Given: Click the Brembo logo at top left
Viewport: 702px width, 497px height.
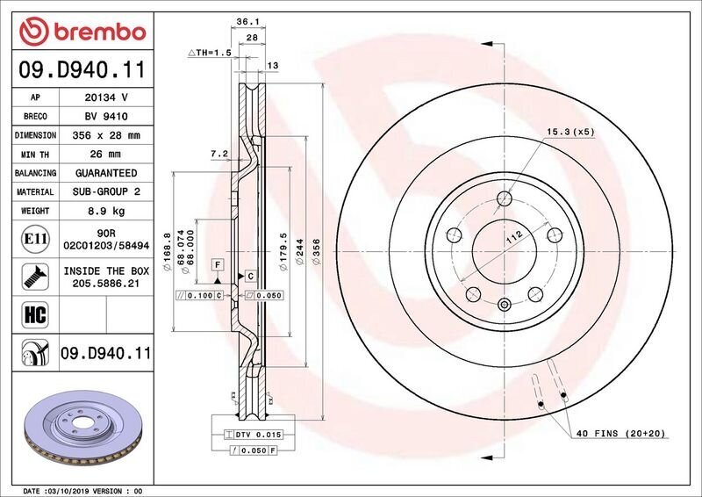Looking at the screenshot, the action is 82,32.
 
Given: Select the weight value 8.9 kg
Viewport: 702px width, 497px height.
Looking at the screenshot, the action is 106,211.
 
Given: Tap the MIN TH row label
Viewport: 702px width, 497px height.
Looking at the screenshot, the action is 35,155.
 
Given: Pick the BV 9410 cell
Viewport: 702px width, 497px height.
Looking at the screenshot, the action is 106,117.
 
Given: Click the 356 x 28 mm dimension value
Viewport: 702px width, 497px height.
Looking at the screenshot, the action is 106,135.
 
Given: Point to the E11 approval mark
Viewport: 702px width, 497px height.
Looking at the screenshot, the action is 35,239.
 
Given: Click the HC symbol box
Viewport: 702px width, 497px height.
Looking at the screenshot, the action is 35,314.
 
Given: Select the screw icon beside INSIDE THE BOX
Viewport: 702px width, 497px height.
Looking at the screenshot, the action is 35,277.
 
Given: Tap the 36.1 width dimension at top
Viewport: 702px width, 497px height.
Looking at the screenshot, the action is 248,21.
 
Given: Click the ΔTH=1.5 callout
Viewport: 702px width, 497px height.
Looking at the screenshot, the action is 210,53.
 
